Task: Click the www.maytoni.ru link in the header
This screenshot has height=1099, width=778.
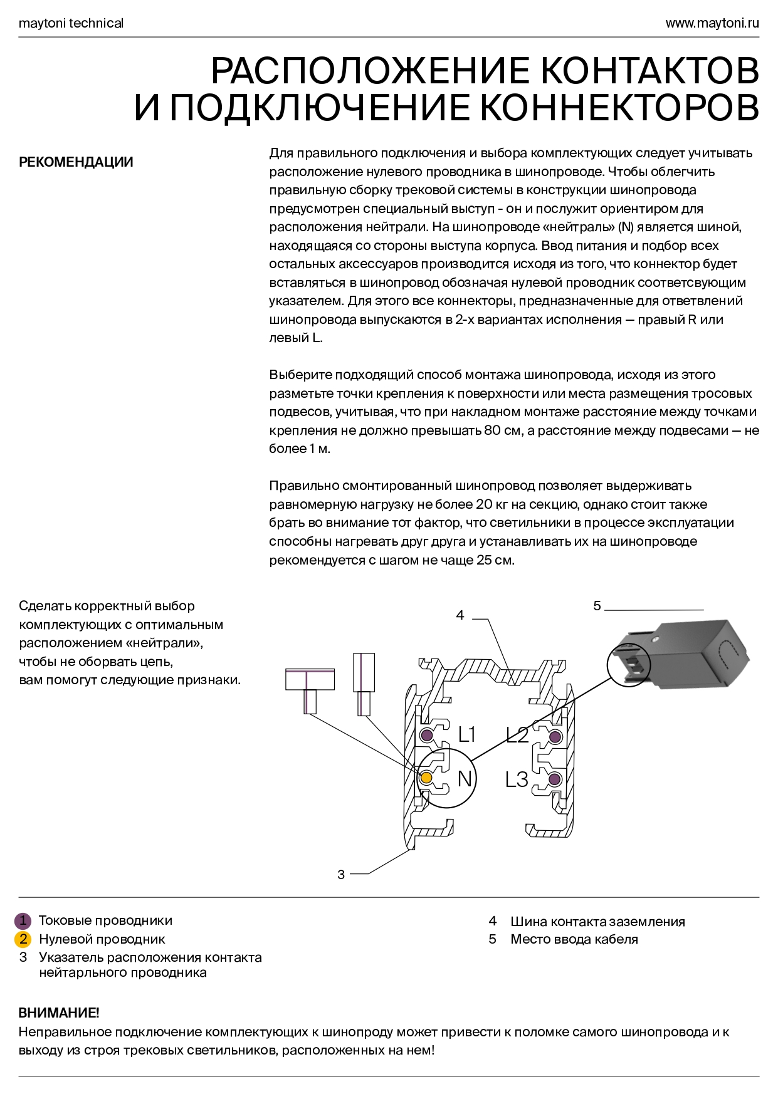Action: [x=712, y=23]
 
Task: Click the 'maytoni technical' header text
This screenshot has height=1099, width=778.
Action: [x=71, y=23]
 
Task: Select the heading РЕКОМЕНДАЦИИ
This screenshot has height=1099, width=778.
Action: [x=76, y=162]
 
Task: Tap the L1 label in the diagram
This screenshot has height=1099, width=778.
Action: [x=467, y=734]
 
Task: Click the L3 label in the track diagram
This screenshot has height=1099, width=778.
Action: [x=517, y=779]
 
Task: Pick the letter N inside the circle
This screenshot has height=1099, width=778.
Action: [x=465, y=778]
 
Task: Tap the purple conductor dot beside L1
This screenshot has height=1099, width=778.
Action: [x=426, y=735]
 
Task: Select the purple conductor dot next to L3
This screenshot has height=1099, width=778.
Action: [x=554, y=779]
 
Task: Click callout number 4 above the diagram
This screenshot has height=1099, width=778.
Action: [x=460, y=615]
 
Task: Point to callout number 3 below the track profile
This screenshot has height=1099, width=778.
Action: [x=341, y=875]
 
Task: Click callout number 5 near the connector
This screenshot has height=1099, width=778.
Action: [x=597, y=606]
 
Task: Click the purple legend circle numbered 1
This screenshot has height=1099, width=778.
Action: [x=23, y=920]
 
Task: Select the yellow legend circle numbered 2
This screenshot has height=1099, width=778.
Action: [x=23, y=939]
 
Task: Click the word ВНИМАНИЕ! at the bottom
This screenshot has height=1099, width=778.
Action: [x=59, y=1013]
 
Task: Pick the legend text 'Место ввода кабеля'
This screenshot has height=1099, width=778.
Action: [x=574, y=939]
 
